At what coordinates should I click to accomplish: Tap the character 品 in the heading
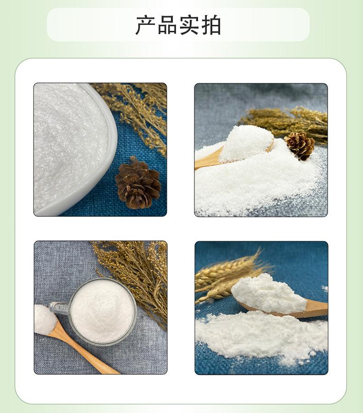[167, 25]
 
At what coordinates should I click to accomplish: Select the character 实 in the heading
[189, 25]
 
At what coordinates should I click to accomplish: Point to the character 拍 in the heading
[210, 25]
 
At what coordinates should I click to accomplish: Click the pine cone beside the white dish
[138, 183]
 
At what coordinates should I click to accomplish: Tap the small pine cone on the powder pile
[300, 145]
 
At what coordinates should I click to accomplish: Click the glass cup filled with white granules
[102, 311]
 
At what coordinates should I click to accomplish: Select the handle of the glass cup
[59, 308]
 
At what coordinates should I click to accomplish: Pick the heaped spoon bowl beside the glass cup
[45, 319]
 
